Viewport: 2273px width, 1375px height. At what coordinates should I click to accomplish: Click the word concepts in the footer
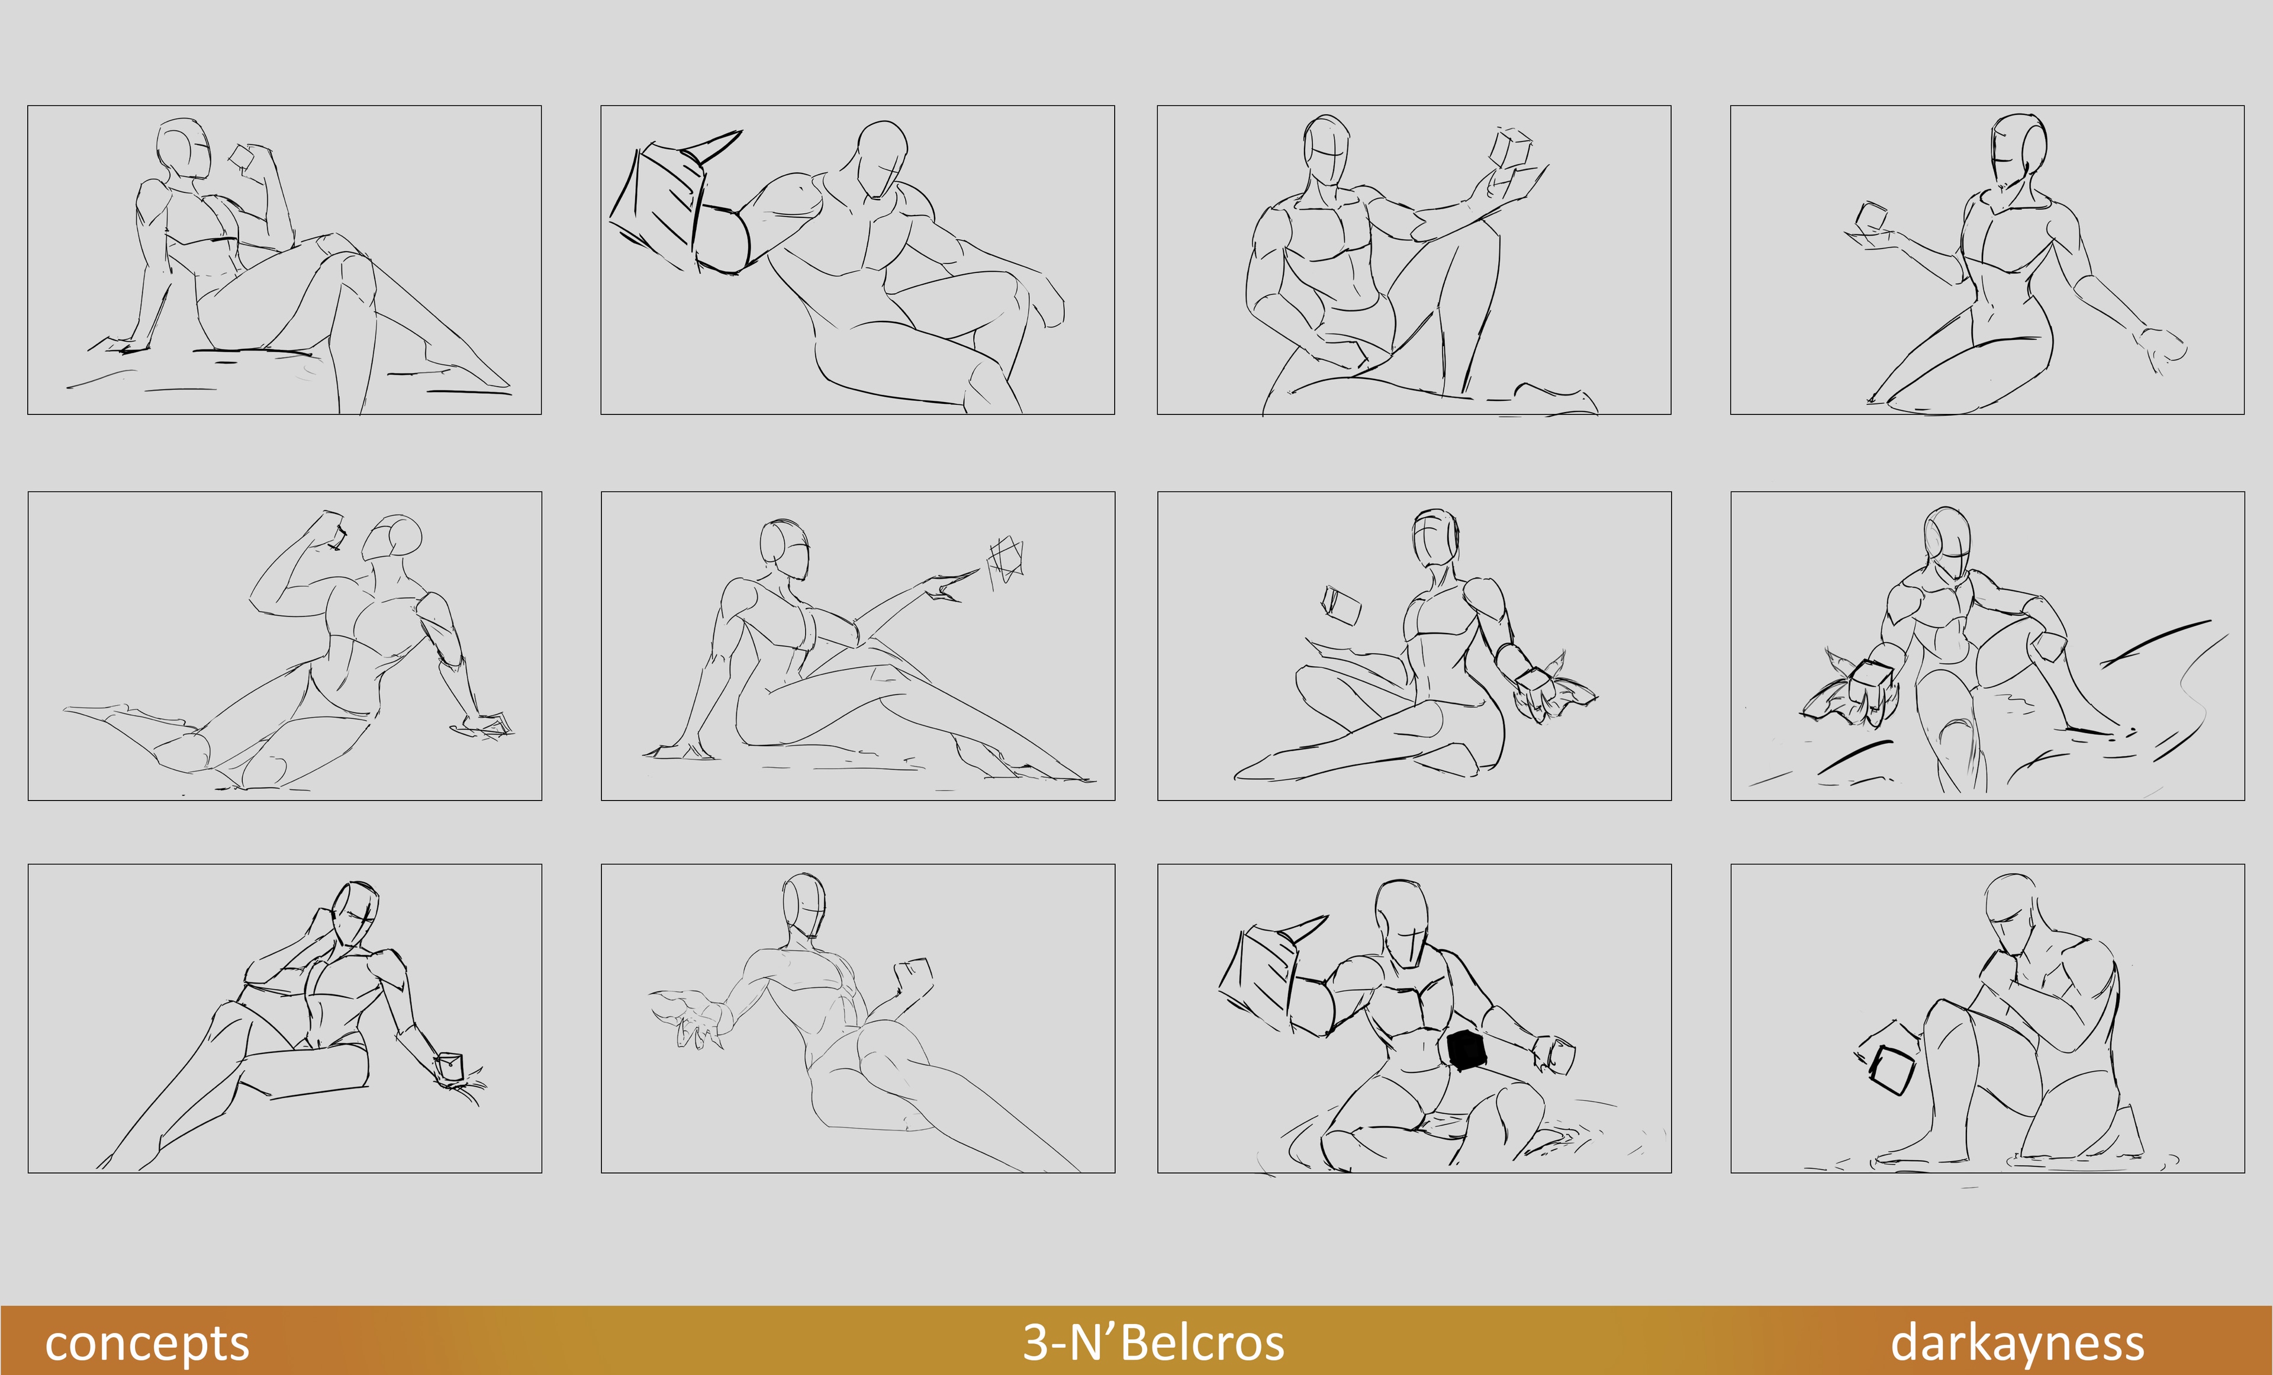click(147, 1344)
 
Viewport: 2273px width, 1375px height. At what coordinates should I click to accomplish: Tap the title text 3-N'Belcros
click(1153, 1342)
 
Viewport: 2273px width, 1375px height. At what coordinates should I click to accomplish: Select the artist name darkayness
click(2017, 1344)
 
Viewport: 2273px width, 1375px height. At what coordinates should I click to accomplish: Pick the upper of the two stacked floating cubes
click(1511, 147)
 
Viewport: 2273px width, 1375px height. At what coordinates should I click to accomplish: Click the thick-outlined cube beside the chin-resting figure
click(1891, 1071)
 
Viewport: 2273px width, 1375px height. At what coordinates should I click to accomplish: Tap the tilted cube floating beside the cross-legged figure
click(1341, 605)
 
